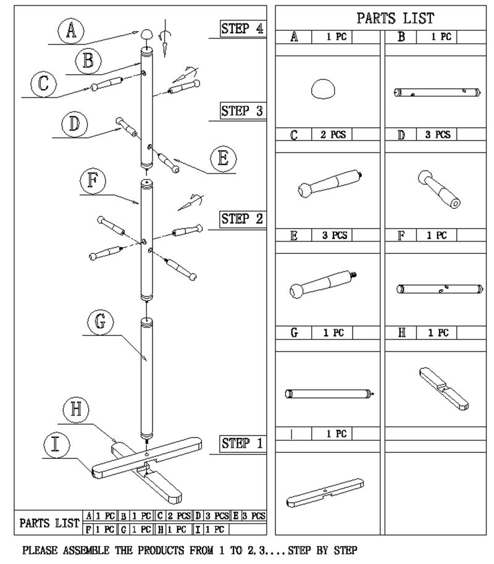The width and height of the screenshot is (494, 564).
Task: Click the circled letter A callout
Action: point(72,31)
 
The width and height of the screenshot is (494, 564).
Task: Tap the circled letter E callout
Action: point(223,159)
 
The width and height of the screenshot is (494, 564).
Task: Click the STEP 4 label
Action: point(243,28)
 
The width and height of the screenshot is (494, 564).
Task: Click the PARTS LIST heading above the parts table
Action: point(395,17)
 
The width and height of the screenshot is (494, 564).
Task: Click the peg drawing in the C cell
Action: point(327,184)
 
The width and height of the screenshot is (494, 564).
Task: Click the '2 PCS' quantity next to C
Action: point(333,135)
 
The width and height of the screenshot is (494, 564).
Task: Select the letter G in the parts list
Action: point(295,333)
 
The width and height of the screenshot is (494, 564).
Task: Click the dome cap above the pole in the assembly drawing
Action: point(147,35)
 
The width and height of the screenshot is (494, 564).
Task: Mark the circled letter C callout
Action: point(43,84)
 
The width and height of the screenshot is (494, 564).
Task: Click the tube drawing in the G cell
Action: point(329,393)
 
